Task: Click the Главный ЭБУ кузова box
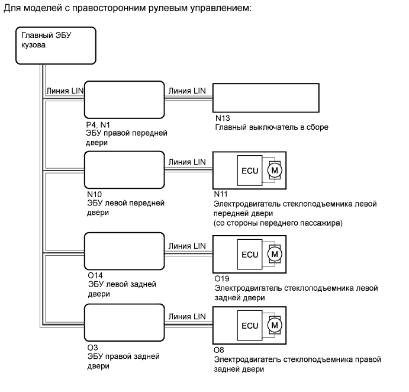55,45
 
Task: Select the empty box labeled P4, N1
124,101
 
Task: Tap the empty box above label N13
249,101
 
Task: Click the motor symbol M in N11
274,171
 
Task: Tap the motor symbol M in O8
274,325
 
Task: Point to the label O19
222,278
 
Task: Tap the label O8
219,350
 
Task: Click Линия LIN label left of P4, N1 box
65,91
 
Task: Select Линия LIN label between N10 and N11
187,162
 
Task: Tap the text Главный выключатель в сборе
270,127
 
